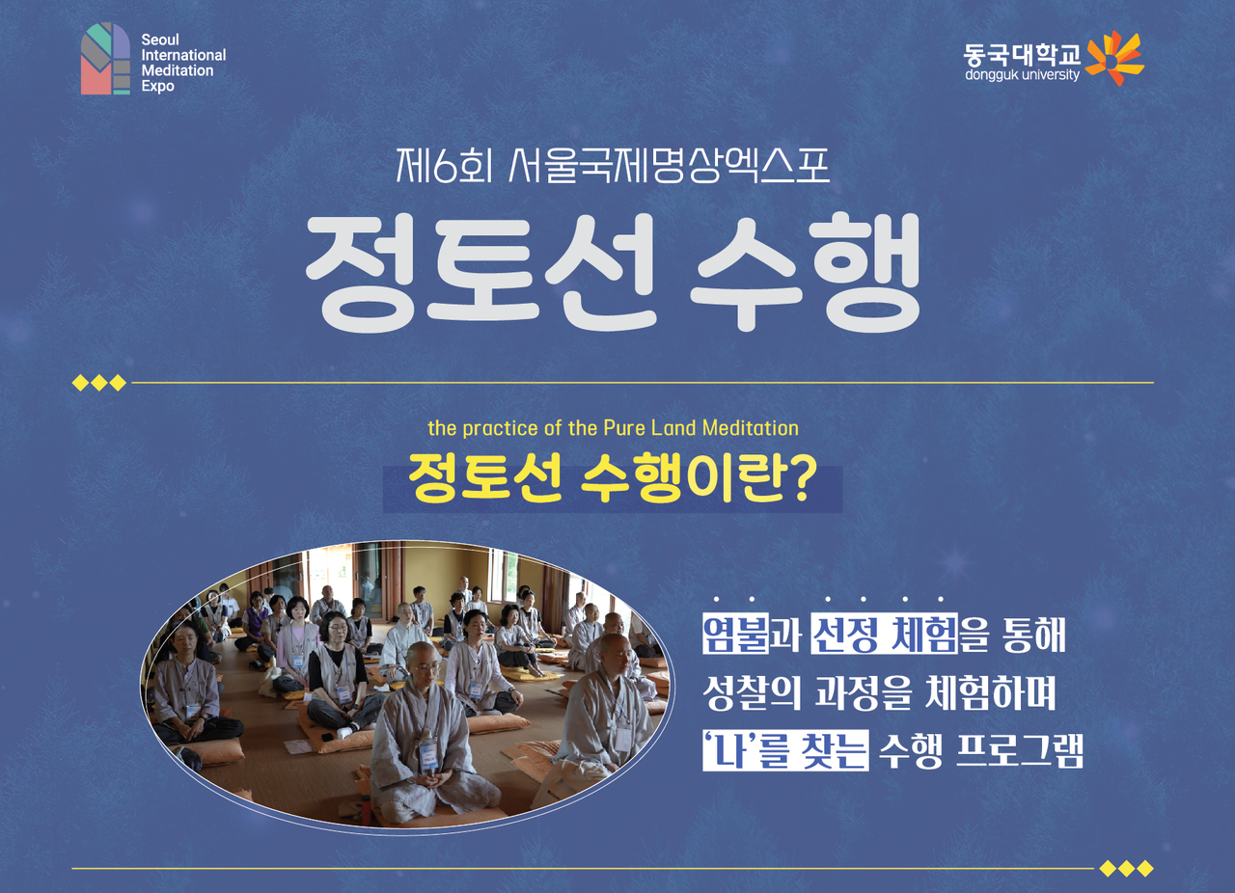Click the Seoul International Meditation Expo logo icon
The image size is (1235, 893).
point(106,59)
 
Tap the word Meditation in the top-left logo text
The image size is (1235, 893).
point(178,70)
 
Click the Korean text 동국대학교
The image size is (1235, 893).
point(1022,55)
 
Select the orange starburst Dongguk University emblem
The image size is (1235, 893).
point(1114,58)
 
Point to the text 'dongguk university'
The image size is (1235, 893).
point(1022,75)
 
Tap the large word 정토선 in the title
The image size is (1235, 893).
point(480,271)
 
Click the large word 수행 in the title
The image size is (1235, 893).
point(806,271)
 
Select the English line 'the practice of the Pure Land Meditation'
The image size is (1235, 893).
point(613,428)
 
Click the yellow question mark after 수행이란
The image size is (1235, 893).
point(798,481)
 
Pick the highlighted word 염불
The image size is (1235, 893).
point(735,635)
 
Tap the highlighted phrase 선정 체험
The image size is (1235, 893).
point(884,635)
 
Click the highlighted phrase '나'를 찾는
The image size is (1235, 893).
point(785,749)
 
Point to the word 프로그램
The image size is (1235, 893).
point(1020,750)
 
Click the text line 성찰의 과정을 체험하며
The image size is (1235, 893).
point(879,692)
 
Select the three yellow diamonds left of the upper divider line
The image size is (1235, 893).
point(99,383)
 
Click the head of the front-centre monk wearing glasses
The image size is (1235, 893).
point(424,663)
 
